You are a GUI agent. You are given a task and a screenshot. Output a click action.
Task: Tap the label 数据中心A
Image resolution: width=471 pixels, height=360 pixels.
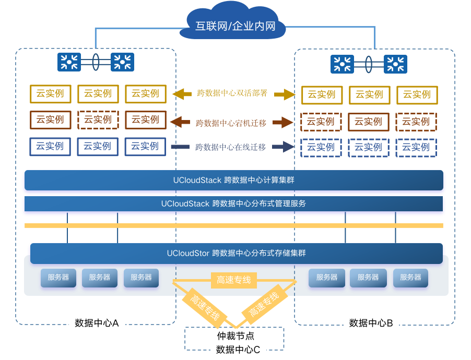pyautogui.click(x=97, y=323)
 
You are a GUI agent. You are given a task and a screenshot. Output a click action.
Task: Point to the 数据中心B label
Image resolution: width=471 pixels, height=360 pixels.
pyautogui.click(x=371, y=323)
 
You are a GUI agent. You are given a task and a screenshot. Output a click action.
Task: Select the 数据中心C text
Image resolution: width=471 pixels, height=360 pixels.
pyautogui.click(x=238, y=350)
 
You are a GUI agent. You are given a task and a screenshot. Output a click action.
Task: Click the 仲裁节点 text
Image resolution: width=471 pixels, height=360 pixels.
pyautogui.click(x=236, y=335)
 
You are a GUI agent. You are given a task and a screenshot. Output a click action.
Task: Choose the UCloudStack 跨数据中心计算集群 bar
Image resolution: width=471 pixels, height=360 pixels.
pyautogui.click(x=234, y=180)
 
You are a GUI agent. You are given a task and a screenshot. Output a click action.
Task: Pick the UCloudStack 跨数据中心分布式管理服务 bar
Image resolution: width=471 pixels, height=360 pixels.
pyautogui.click(x=234, y=203)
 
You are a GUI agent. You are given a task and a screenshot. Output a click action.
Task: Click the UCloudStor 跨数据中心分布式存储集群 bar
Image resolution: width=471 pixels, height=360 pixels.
pyautogui.click(x=237, y=254)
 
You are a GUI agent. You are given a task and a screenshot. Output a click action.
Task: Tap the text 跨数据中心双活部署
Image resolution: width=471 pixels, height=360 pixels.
pyautogui.click(x=232, y=93)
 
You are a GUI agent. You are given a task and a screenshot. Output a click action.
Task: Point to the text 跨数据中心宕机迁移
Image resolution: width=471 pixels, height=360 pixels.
pyautogui.click(x=231, y=123)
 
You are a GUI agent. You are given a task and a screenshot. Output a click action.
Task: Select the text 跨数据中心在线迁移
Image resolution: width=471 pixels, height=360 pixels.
pyautogui.click(x=230, y=147)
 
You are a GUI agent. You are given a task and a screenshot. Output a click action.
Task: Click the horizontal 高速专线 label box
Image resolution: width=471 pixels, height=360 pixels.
pyautogui.click(x=234, y=280)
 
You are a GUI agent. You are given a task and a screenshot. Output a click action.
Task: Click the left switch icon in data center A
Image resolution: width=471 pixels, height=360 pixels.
pyautogui.click(x=69, y=62)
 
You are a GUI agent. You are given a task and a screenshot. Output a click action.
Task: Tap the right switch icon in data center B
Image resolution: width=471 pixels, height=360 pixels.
pyautogui.click(x=395, y=64)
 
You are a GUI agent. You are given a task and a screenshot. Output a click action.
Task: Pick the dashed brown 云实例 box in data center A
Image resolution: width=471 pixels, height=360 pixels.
pyautogui.click(x=98, y=120)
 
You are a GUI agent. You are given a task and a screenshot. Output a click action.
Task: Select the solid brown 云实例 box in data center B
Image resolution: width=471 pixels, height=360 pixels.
pyautogui.click(x=369, y=122)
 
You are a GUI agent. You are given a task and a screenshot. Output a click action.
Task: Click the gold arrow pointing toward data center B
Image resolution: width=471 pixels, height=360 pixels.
pyautogui.click(x=285, y=94)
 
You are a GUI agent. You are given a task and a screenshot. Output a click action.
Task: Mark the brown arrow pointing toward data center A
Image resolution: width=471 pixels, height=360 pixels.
pyautogui.click(x=180, y=122)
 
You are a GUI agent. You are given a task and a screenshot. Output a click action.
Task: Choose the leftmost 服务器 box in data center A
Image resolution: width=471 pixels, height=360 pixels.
pyautogui.click(x=58, y=278)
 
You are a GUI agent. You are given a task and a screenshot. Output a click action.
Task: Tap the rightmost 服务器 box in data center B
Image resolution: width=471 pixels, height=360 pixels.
pyautogui.click(x=410, y=278)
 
